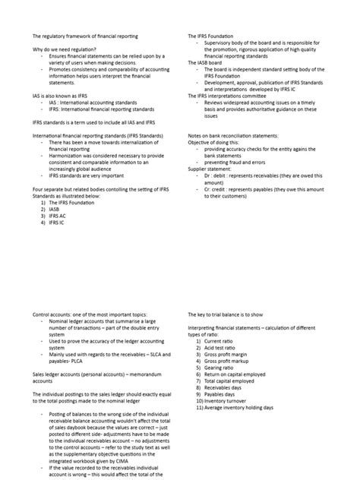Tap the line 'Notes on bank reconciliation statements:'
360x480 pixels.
tap(232, 135)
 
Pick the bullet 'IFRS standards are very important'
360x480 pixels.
tap(88, 175)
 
